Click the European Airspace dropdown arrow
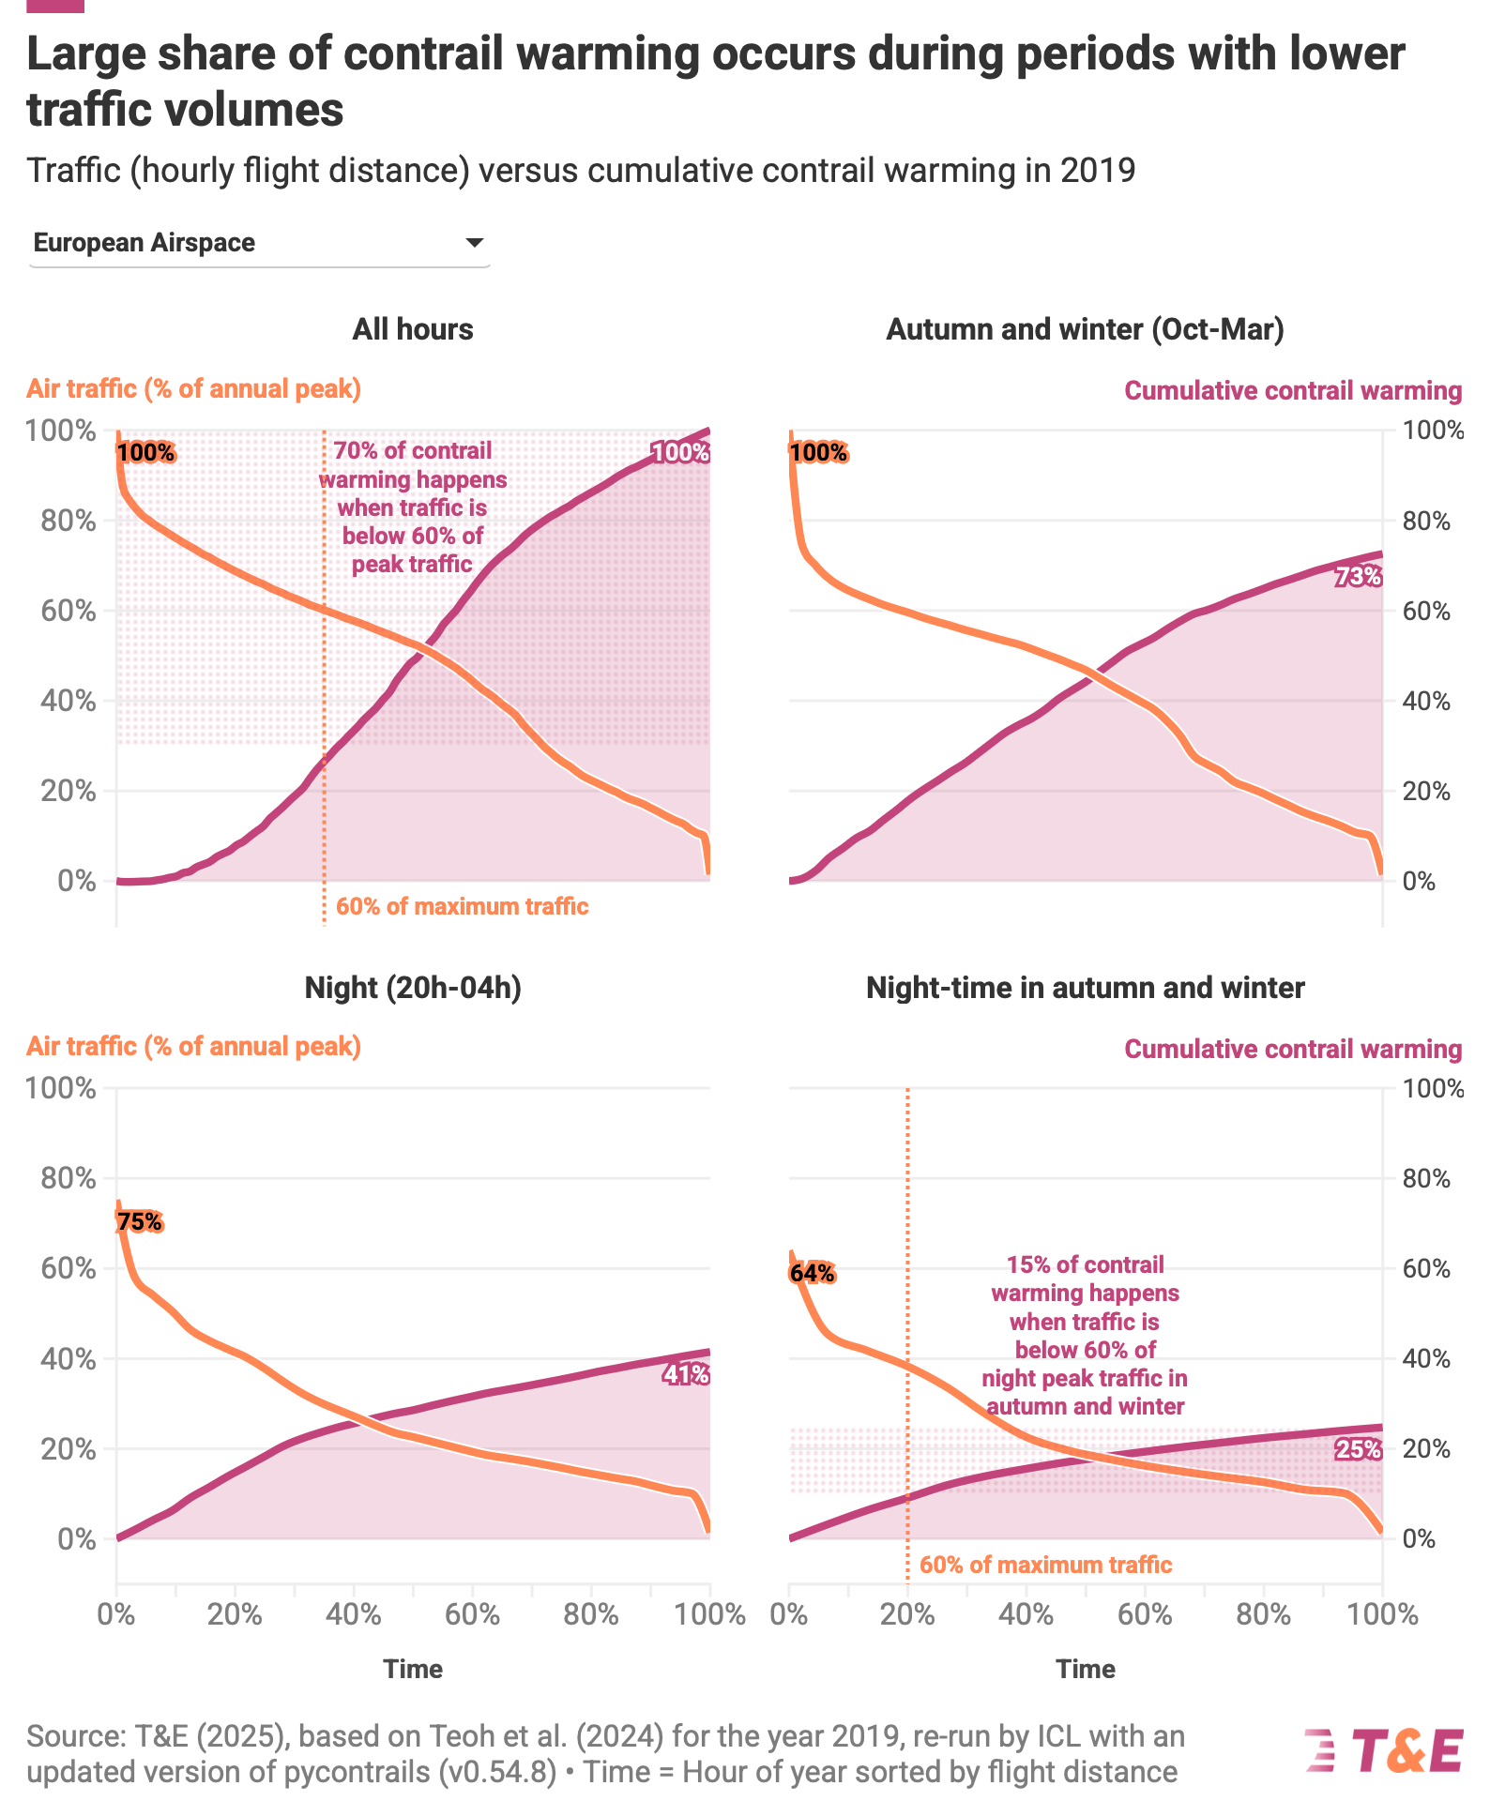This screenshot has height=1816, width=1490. tap(475, 243)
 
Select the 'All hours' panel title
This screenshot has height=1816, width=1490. tap(413, 329)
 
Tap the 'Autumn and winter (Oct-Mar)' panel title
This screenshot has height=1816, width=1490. tap(1085, 329)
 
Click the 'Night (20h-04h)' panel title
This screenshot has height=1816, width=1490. tap(413, 988)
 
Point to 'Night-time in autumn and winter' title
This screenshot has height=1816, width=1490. tap(1085, 988)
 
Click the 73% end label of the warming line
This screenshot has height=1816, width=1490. tap(1358, 577)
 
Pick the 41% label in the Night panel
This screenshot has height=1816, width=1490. tap(686, 1375)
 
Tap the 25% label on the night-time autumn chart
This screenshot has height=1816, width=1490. tap(1358, 1450)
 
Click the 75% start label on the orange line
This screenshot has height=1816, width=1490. tap(140, 1221)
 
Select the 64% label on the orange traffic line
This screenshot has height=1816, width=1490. tap(812, 1273)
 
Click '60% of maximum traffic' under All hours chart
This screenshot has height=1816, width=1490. tap(462, 907)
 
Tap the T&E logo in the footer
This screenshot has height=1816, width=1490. tap(1384, 1750)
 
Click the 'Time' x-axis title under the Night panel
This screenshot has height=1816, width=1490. tap(413, 1669)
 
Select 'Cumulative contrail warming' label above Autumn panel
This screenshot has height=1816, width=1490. tap(1293, 391)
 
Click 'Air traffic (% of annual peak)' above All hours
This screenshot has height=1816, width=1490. tap(193, 389)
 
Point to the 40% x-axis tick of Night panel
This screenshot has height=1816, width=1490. tap(353, 1614)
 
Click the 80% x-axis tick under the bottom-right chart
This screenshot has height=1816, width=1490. tap(1263, 1614)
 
